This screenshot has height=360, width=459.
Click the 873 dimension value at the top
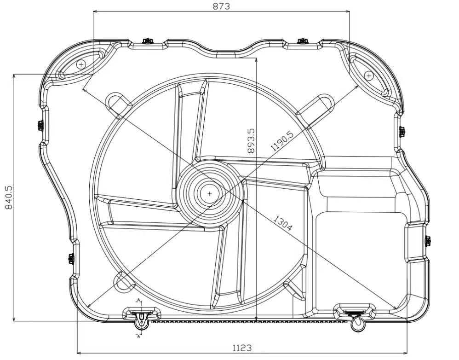click(x=221, y=6)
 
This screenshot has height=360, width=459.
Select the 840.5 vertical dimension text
click(x=8, y=197)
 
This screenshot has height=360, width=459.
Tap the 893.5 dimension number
click(x=251, y=140)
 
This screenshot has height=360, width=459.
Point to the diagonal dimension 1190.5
click(x=281, y=141)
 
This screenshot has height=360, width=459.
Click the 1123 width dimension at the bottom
click(x=241, y=348)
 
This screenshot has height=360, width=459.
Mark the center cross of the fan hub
click(x=210, y=194)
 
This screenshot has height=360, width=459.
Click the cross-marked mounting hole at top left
click(x=81, y=64)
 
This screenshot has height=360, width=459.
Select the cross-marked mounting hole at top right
click(x=368, y=75)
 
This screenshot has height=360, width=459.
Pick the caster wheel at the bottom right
click(x=357, y=325)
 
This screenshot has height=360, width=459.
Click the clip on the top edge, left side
click(x=148, y=41)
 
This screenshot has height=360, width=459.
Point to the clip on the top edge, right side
click(x=302, y=41)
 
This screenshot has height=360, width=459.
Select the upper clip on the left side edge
click(x=40, y=125)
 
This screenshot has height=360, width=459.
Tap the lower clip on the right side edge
click(x=427, y=240)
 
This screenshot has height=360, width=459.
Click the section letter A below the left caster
click(x=138, y=336)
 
